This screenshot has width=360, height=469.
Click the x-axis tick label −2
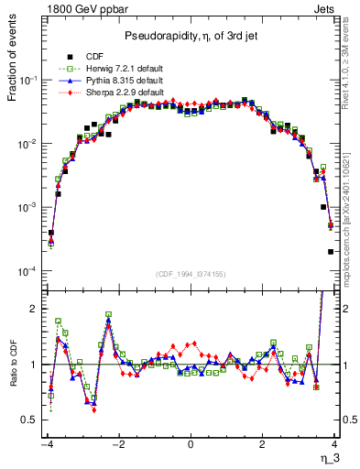(117, 444)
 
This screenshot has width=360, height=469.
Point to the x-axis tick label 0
(191, 444)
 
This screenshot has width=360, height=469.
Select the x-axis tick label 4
(335, 444)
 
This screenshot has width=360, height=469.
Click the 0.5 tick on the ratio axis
(28, 420)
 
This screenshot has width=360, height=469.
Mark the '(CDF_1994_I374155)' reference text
(190, 273)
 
